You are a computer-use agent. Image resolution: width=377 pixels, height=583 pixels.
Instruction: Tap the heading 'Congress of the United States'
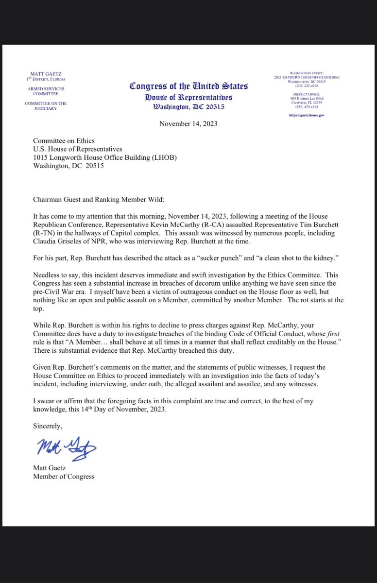point(188,86)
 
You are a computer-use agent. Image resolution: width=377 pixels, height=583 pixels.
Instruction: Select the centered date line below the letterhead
point(188,123)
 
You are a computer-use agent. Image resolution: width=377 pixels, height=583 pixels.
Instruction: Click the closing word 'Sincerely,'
point(48,426)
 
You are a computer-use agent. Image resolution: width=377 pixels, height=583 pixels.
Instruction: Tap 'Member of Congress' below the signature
point(64,477)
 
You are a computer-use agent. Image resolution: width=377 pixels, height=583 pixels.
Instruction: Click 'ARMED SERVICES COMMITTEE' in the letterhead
point(46,91)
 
